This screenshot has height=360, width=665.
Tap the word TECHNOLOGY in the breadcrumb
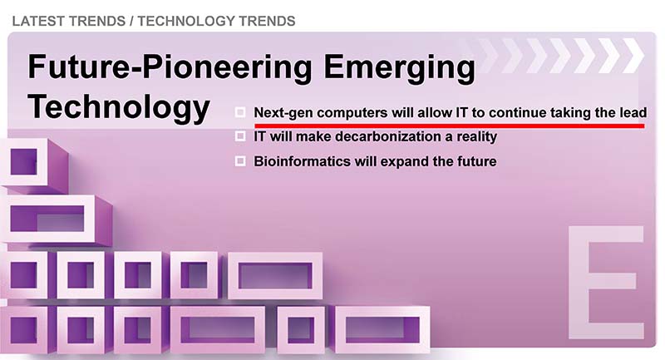click(185, 21)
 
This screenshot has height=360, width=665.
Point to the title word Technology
click(119, 107)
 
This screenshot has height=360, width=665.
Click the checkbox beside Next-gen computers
click(240, 112)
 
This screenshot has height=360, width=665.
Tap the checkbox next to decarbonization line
click(240, 136)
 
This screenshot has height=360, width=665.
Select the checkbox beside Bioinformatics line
click(240, 161)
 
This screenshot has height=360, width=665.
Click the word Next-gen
click(283, 113)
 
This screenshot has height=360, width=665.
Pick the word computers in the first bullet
click(352, 113)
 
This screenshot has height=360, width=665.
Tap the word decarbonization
click(388, 136)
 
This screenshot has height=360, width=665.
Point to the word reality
click(476, 137)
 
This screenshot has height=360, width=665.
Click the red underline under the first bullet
click(450, 126)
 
